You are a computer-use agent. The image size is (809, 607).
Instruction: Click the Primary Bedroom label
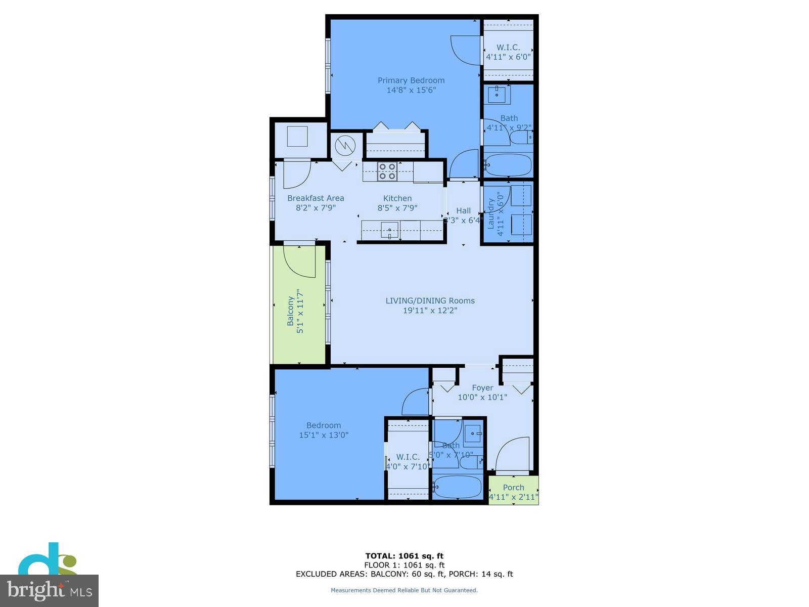(411, 80)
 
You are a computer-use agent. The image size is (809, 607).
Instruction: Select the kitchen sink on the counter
(389, 231)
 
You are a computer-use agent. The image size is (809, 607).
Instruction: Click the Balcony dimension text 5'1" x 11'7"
(300, 311)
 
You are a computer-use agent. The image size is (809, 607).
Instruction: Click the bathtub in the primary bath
(508, 165)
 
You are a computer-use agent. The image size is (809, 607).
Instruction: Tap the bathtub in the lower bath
(458, 487)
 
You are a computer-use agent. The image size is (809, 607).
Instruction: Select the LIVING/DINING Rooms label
(430, 300)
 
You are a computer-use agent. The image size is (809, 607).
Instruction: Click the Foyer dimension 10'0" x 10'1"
(482, 398)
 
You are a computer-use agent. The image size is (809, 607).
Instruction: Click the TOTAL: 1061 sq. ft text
(404, 556)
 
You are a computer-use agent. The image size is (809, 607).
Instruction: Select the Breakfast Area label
(316, 198)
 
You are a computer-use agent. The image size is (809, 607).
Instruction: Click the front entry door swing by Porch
(513, 455)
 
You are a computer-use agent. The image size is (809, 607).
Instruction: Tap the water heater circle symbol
(345, 146)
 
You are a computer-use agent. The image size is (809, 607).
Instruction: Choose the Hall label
(463, 211)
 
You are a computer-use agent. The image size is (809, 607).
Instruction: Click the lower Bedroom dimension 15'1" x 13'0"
(324, 435)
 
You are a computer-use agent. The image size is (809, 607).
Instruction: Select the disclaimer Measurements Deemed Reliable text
(404, 590)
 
